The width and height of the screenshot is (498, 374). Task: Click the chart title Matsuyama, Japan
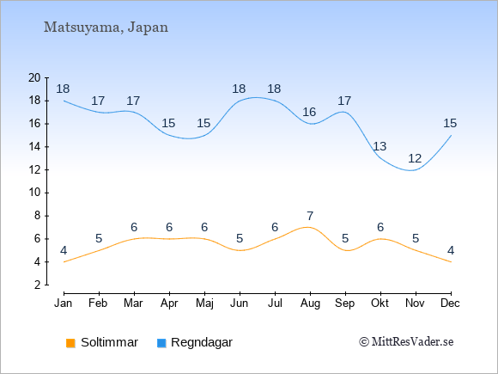[106, 28]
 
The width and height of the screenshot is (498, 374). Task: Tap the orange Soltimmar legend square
[70, 343]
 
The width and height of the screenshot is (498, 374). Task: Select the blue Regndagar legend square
[161, 343]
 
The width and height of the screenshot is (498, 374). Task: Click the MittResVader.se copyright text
[406, 342]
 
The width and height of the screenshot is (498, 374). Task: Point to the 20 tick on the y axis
[34, 77]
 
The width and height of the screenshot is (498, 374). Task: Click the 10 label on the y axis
[34, 193]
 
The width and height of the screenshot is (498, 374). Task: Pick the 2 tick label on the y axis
[38, 285]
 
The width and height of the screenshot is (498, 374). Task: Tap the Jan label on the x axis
[64, 303]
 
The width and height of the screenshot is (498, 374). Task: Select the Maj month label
[204, 303]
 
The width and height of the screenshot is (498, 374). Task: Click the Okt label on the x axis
[380, 303]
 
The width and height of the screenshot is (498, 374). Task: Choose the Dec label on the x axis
[450, 303]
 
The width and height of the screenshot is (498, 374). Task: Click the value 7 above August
[310, 217]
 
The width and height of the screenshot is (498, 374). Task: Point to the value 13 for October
[380, 147]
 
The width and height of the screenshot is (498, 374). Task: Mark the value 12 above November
[415, 158]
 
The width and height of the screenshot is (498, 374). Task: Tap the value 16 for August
[309, 112]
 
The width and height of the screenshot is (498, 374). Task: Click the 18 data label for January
[63, 89]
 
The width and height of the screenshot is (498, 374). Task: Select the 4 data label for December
[451, 250]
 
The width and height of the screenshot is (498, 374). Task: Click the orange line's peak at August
[307, 227]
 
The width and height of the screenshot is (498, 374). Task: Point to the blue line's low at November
[411, 170]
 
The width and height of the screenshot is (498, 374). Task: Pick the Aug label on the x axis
[310, 303]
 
